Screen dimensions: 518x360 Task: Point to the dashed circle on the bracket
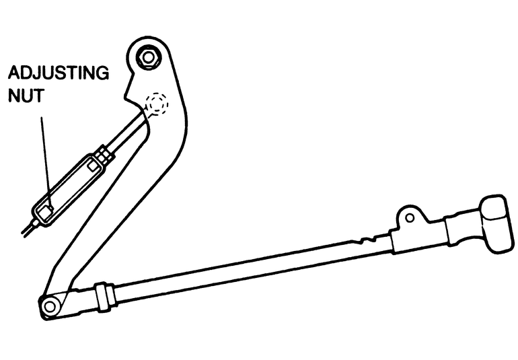click(157, 104)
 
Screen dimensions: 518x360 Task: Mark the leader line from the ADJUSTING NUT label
click(44, 155)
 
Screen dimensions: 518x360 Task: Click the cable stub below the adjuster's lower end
click(29, 227)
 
